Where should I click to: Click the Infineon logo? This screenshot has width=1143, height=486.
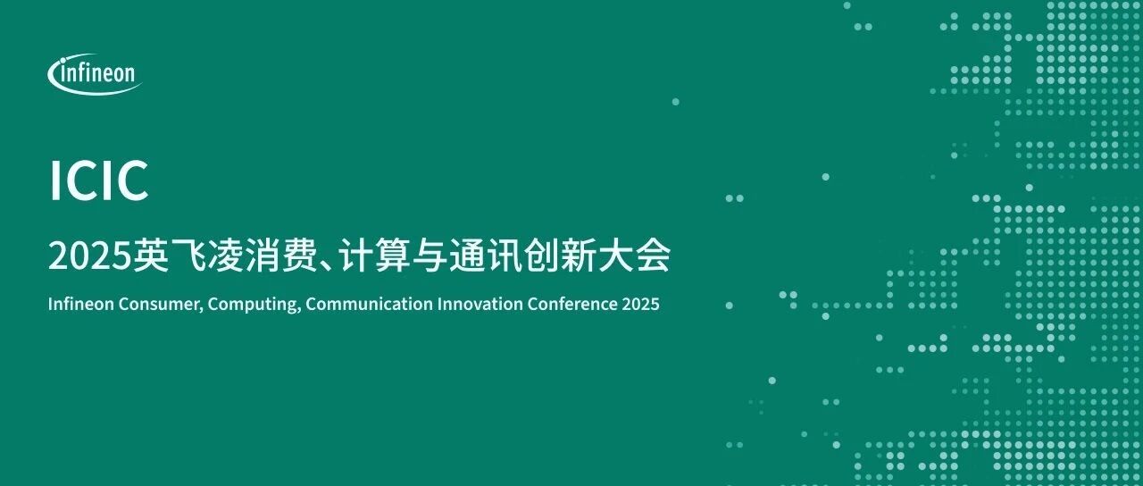95,74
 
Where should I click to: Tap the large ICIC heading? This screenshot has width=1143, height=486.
99,181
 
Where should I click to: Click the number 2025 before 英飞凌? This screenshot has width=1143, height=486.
89,256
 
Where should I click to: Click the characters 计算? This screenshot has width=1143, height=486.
376,256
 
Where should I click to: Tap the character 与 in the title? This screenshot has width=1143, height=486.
430,256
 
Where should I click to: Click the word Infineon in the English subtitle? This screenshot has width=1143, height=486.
80,304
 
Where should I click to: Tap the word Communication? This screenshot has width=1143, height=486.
369,304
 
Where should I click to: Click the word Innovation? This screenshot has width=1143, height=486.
480,304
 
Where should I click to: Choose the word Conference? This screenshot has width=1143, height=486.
572,304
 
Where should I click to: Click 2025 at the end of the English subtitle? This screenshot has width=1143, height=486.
640,304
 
